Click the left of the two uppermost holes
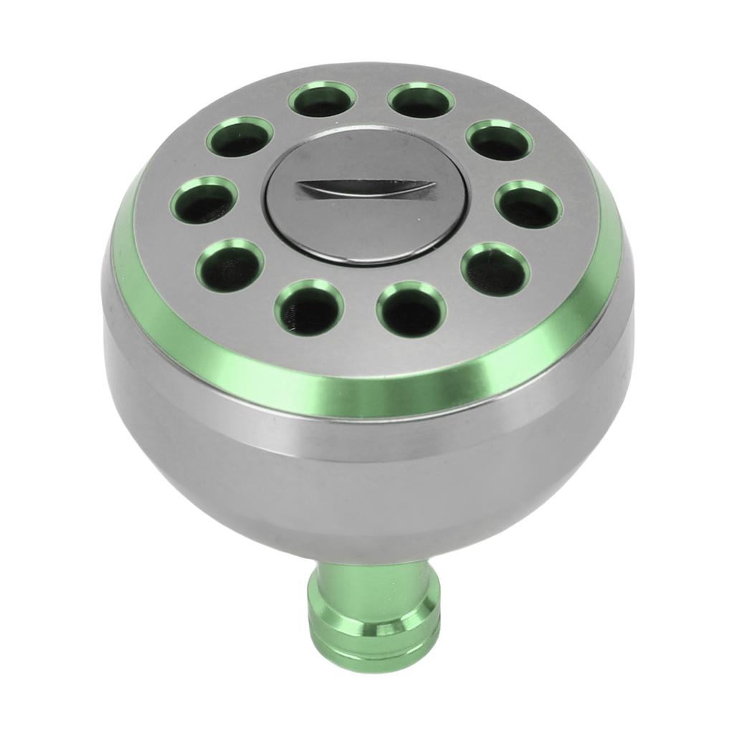coord(322,100)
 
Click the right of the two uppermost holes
coord(421,100)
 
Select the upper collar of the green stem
coord(370,573)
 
